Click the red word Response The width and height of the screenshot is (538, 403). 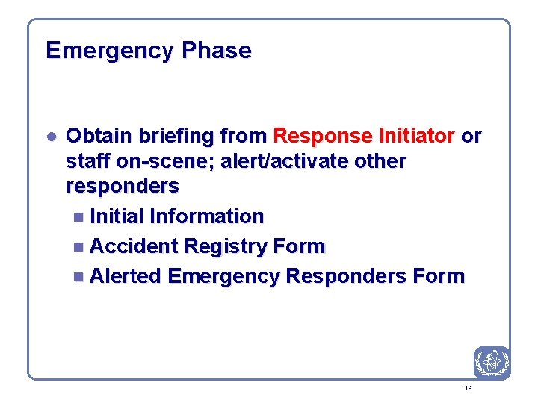(x=325, y=136)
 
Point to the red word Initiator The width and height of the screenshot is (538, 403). (x=418, y=136)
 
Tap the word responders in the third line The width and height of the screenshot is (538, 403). (x=123, y=186)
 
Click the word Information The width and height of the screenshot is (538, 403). (x=207, y=216)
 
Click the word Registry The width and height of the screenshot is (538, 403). (x=226, y=246)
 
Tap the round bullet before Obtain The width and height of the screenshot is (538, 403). (x=50, y=137)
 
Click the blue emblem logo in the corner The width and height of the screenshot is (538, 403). (x=492, y=363)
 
